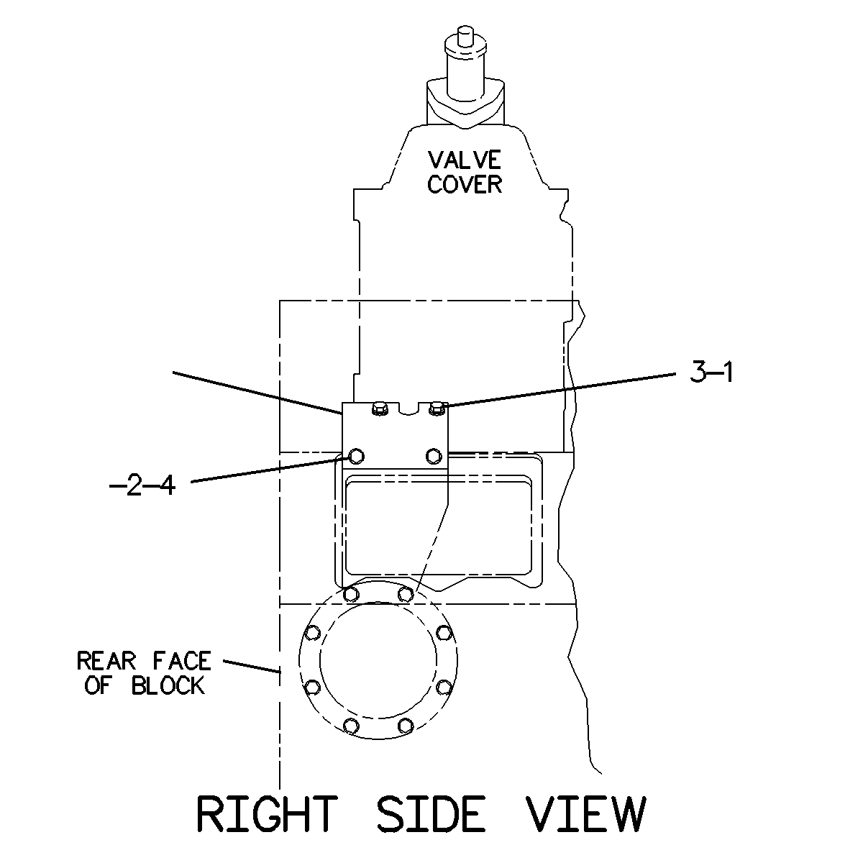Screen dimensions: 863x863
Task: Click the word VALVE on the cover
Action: (x=465, y=160)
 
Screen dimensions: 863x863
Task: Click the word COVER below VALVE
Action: (x=465, y=185)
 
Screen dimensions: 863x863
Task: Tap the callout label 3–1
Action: (x=712, y=372)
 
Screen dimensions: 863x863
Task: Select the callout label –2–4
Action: (x=143, y=485)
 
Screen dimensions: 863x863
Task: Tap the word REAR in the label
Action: (x=106, y=661)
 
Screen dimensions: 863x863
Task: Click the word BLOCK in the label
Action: (x=168, y=685)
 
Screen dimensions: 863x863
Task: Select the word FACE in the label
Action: (x=181, y=661)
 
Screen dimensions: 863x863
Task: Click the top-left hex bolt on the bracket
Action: (x=379, y=408)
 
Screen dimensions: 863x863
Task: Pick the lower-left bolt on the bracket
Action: (x=356, y=457)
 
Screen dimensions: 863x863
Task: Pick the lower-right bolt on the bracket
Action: (x=434, y=457)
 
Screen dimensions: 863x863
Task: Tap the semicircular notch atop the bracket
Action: (x=408, y=408)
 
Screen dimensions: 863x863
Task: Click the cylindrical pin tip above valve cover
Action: (x=465, y=35)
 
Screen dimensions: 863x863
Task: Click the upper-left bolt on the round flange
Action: (x=352, y=594)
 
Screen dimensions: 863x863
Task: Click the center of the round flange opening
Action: (x=378, y=660)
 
